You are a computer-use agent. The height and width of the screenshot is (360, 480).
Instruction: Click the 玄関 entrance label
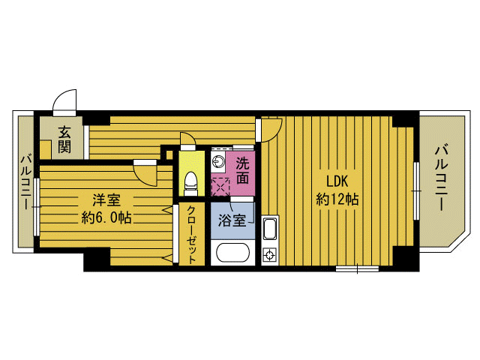64,140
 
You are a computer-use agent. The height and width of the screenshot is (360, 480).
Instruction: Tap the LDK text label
337,181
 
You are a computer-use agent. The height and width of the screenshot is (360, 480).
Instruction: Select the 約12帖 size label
337,200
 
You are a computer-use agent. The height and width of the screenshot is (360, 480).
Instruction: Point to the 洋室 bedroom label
106,200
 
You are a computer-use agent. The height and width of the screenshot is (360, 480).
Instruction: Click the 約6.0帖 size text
106,218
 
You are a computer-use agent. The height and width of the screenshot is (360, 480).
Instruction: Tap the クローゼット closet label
192,235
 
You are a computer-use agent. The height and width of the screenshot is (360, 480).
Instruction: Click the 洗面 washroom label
242,170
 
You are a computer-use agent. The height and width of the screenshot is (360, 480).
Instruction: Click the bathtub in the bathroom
232,253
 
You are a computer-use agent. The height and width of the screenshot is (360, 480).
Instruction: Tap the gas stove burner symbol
270,255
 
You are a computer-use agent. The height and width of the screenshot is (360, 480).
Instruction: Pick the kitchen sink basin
270,228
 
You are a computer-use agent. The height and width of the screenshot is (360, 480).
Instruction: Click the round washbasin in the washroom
219,161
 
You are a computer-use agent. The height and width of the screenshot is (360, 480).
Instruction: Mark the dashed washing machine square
220,187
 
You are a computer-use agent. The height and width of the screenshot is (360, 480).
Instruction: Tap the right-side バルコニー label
442,178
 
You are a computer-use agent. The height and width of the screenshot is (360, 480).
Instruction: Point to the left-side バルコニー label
27,183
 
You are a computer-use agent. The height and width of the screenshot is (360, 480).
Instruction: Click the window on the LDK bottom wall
357,268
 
